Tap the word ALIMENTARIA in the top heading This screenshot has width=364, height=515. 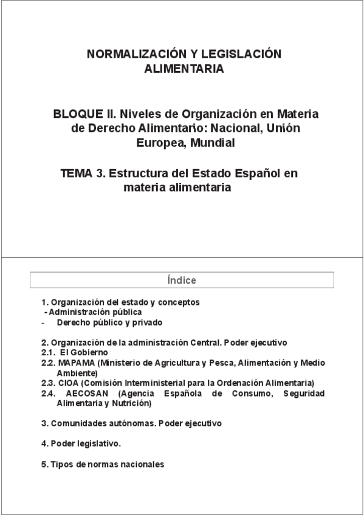[184, 69]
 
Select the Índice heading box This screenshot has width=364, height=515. [182, 280]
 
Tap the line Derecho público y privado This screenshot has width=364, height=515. [109, 322]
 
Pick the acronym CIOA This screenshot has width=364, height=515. [68, 383]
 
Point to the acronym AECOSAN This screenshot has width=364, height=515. [88, 394]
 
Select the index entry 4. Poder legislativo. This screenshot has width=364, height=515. [81, 443]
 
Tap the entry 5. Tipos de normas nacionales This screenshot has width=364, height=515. [103, 464]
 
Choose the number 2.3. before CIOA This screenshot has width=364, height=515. [48, 383]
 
